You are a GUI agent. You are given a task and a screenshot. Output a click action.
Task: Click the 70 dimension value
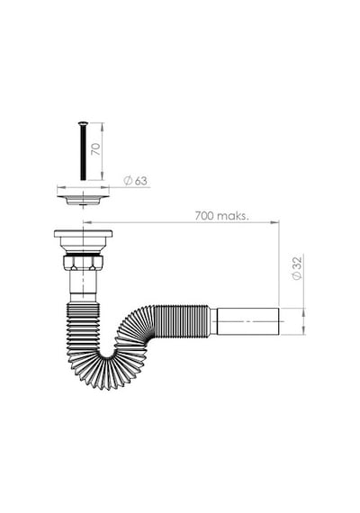click(97, 149)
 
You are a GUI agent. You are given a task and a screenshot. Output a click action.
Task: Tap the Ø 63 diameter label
click(136, 181)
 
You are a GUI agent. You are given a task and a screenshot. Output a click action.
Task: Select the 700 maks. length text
click(222, 216)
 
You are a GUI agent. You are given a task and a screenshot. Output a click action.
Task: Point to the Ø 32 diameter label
click(297, 268)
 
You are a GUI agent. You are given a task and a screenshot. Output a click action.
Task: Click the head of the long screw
click(83, 123)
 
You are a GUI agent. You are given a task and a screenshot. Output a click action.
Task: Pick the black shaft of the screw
click(83, 152)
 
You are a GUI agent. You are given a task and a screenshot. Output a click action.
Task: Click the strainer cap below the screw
click(83, 200)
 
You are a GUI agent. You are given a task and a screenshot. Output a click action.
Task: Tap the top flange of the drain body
click(83, 234)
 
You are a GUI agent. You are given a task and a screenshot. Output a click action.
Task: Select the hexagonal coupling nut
click(83, 263)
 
